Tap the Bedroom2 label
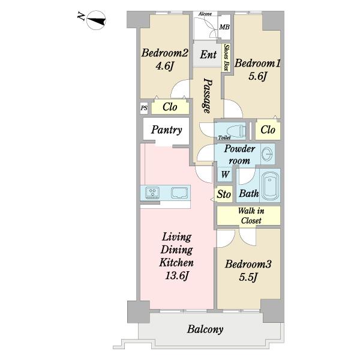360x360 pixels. (x=164, y=53)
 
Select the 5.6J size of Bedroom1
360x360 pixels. (x=257, y=76)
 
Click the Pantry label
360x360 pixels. (x=166, y=130)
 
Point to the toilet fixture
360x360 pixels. (x=236, y=131)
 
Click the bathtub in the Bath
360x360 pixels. (x=270, y=185)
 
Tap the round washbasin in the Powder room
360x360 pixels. (x=268, y=154)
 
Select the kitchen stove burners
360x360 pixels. (x=152, y=193)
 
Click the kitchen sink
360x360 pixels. (x=179, y=193)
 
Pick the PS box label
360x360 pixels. (x=144, y=107)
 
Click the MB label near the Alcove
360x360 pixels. (x=224, y=27)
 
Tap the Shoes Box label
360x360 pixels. (x=227, y=58)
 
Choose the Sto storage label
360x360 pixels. (x=224, y=194)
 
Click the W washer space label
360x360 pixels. (x=225, y=174)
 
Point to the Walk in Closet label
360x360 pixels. (x=251, y=215)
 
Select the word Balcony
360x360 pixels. (x=205, y=329)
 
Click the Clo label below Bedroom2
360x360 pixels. (x=170, y=107)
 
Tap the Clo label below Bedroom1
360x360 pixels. (x=268, y=130)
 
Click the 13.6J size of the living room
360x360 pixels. (x=177, y=275)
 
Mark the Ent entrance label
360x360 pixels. (x=208, y=55)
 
